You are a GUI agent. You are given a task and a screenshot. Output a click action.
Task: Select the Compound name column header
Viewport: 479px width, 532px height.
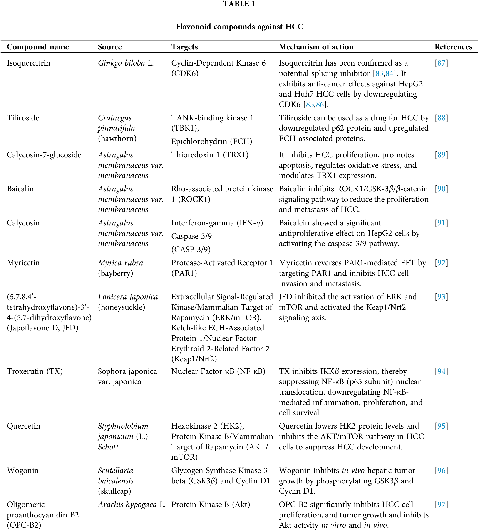[38, 47]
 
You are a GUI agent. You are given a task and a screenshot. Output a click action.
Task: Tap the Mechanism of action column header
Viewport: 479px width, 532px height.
[316, 47]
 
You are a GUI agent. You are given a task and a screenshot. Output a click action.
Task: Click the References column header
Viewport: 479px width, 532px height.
[453, 47]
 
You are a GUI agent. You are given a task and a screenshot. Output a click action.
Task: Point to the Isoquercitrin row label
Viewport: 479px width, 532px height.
[28, 63]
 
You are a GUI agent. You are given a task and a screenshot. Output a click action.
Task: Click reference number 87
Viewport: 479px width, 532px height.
[441, 63]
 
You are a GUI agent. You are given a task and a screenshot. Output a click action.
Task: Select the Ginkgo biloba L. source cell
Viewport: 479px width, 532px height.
[126, 63]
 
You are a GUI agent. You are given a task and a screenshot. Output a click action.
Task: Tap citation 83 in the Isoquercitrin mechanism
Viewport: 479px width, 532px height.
[379, 73]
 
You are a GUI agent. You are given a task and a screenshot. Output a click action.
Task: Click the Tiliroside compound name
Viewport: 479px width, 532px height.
[23, 118]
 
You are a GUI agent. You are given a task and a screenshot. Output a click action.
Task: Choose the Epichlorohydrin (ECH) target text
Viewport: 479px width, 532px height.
[212, 141]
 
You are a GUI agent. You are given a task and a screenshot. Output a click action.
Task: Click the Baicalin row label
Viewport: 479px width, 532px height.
[20, 189]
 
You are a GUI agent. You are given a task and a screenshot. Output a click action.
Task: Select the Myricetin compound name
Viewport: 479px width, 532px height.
[23, 263]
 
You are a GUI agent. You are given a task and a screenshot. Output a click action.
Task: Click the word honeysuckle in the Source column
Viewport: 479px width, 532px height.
[122, 307]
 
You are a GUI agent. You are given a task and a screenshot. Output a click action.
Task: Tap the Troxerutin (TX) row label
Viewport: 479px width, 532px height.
[35, 371]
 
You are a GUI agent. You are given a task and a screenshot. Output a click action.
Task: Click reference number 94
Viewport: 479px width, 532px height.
[441, 371]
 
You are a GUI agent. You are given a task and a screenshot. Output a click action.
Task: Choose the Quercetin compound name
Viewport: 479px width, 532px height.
[24, 426]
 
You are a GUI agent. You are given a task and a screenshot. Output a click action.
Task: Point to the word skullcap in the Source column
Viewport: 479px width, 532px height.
[114, 491]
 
